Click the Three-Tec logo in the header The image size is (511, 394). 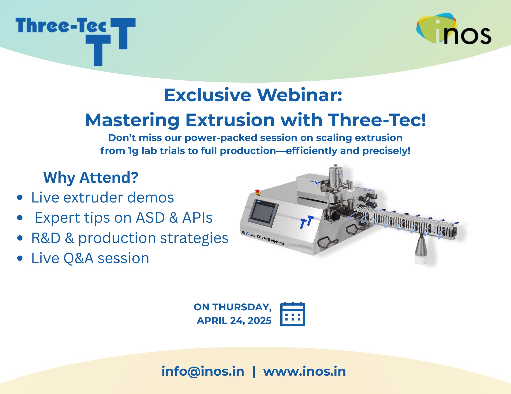[x=75, y=41]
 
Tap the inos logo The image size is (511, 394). [x=454, y=29]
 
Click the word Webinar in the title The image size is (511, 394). [x=299, y=95]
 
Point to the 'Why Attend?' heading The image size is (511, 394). [x=91, y=177]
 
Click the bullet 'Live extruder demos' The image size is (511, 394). [x=102, y=197]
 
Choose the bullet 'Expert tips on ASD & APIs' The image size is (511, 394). [x=124, y=218]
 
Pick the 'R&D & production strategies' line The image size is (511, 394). [x=130, y=238]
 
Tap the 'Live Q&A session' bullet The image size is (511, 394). [x=90, y=258]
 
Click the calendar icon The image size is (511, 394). [x=293, y=314]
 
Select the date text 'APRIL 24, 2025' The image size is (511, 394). [x=234, y=321]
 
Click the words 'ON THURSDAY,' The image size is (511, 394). [x=233, y=307]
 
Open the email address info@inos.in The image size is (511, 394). [x=203, y=371]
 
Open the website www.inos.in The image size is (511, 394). [x=305, y=371]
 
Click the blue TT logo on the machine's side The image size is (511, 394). [x=307, y=222]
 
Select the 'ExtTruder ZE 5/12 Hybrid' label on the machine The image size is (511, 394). [x=263, y=238]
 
